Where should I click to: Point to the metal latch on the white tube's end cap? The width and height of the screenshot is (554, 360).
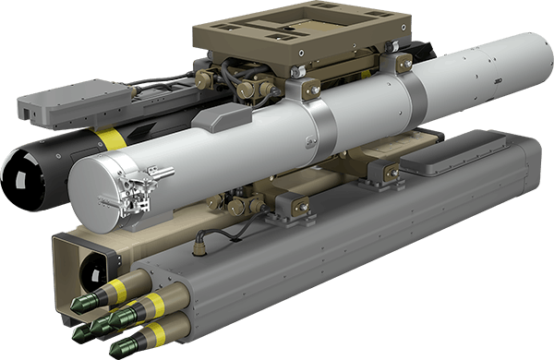(138, 195)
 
